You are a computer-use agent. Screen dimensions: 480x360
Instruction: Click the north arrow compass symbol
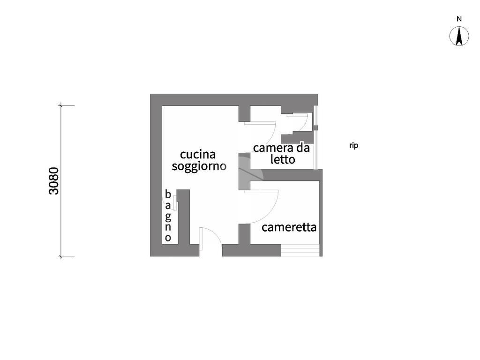tap(459, 37)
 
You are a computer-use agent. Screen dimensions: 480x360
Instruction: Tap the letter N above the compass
tap(459, 19)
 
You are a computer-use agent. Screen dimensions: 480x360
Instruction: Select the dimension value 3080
tap(54, 180)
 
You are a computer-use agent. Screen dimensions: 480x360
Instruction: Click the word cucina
tap(198, 154)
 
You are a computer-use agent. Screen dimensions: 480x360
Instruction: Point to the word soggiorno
tap(199, 166)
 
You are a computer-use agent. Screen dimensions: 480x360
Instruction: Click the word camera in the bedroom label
tap(270, 148)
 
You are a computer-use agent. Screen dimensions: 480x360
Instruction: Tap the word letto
tap(283, 159)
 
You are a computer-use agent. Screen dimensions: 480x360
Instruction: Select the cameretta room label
tap(289, 227)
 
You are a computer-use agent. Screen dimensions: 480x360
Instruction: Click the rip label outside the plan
tap(353, 146)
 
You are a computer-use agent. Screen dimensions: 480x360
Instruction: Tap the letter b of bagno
tap(167, 194)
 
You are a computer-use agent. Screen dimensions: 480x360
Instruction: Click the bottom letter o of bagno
tap(168, 238)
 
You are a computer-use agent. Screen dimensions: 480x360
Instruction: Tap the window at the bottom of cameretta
tap(300, 250)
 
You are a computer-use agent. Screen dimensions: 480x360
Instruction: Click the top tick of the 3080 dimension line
tap(60, 106)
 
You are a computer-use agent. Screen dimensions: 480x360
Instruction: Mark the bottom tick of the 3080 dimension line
tap(60, 256)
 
